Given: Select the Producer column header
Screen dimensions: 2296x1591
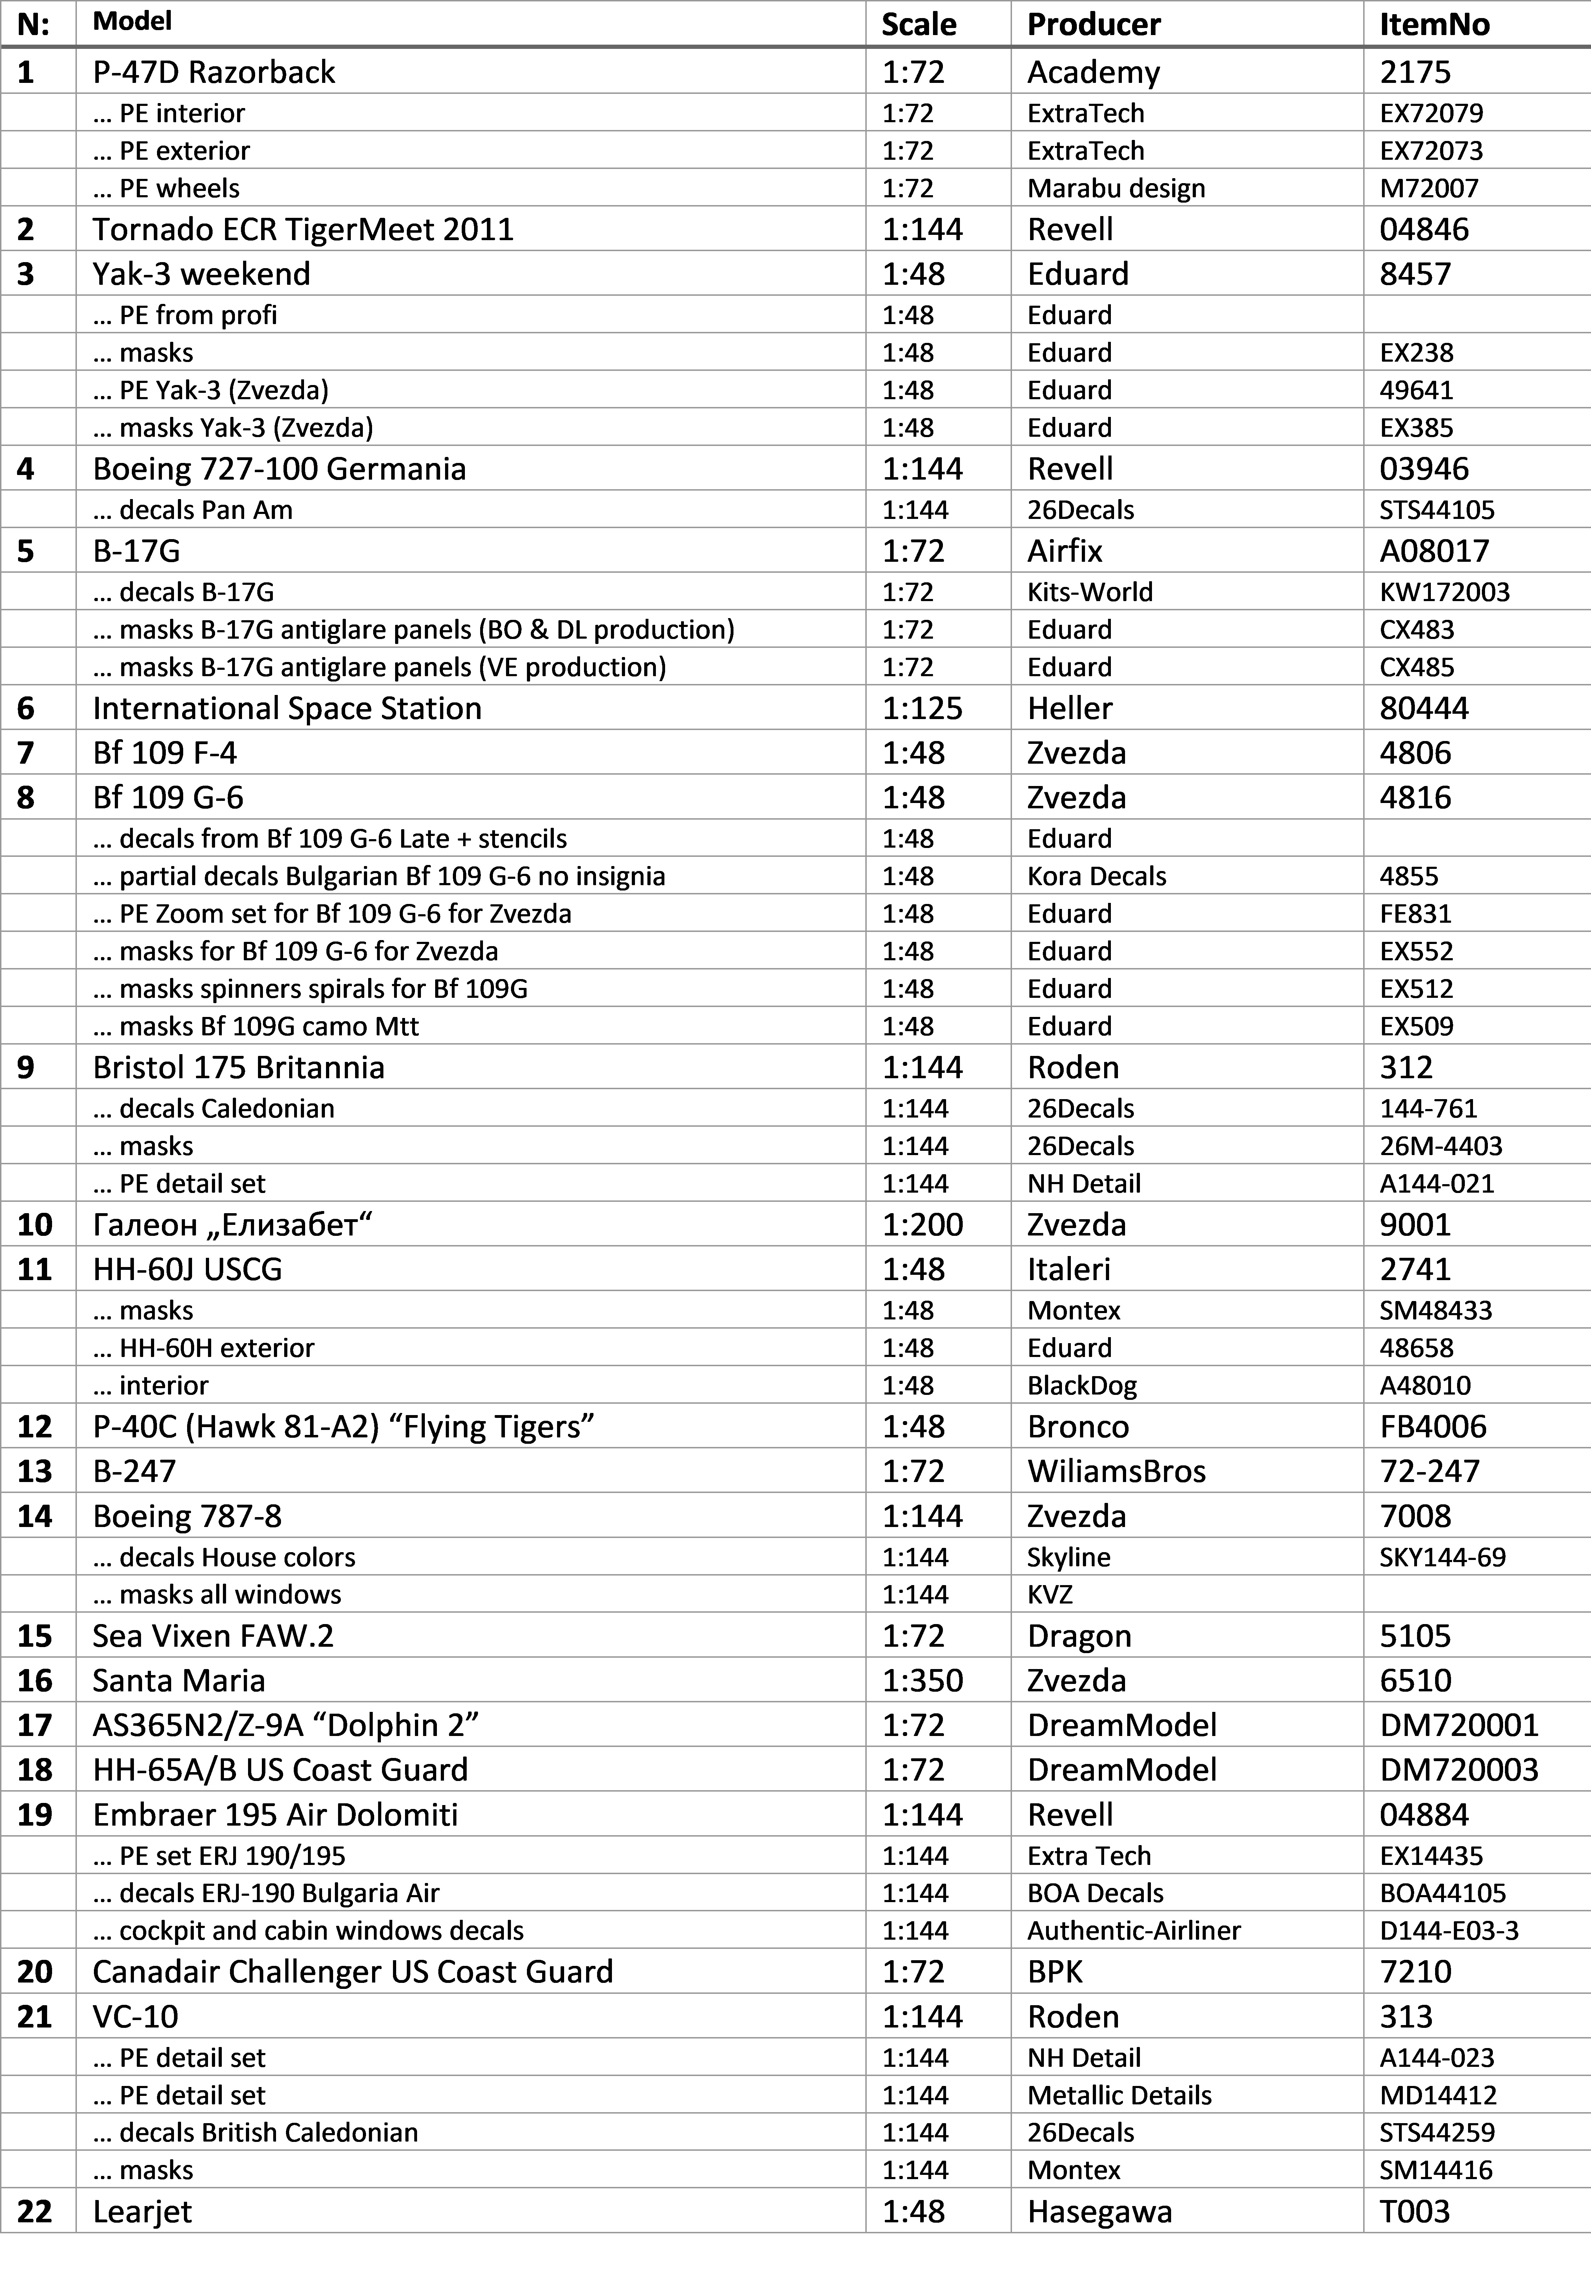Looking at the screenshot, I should tap(1094, 24).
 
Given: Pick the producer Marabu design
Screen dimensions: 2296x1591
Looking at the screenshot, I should tap(1115, 188).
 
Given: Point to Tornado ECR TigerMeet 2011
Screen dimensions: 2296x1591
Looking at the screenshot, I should tap(303, 229).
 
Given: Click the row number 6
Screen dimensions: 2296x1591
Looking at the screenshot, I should tap(26, 708).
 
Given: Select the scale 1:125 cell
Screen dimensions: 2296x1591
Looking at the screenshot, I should tap(922, 708).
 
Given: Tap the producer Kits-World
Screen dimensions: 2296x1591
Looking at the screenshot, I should tap(1090, 592).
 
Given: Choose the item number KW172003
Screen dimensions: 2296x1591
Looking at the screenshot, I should tap(1444, 592).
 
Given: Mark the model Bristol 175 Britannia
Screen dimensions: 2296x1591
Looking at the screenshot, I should tap(238, 1067).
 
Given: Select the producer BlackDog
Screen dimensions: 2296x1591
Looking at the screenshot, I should tap(1081, 1385).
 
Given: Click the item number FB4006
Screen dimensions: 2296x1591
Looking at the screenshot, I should tap(1433, 1427).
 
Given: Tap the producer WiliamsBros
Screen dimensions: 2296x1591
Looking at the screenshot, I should tap(1117, 1471).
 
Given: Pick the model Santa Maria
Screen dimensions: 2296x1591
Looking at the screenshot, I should tap(179, 1680).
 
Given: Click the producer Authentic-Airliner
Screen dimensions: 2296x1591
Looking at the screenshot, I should tap(1134, 1930).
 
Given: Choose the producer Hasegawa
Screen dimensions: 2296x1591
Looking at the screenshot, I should tap(1100, 2211).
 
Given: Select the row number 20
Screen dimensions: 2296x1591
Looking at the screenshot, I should tap(35, 1971).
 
